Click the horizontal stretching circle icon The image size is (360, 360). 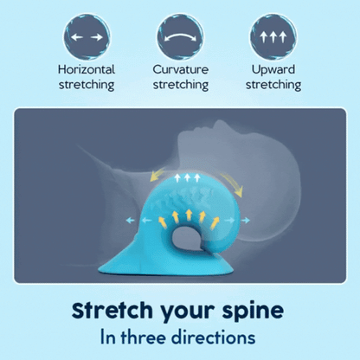(x=86, y=37)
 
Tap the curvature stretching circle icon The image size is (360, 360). (x=180, y=37)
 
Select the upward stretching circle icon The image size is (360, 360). (x=273, y=37)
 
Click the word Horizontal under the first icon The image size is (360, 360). (x=87, y=69)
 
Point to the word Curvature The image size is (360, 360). (x=180, y=69)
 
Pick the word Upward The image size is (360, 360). (x=273, y=69)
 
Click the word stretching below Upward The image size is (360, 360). (x=273, y=85)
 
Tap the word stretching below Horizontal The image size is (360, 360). (x=87, y=85)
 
